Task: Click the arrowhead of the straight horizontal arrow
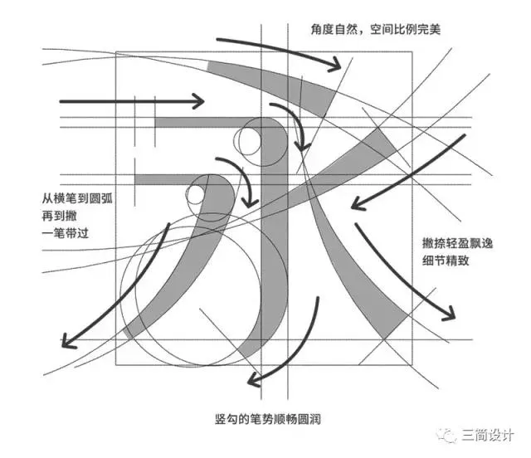pyautogui.click(x=199, y=102)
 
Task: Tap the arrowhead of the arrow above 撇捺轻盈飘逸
pyautogui.click(x=353, y=204)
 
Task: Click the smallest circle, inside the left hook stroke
pyautogui.click(x=196, y=195)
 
